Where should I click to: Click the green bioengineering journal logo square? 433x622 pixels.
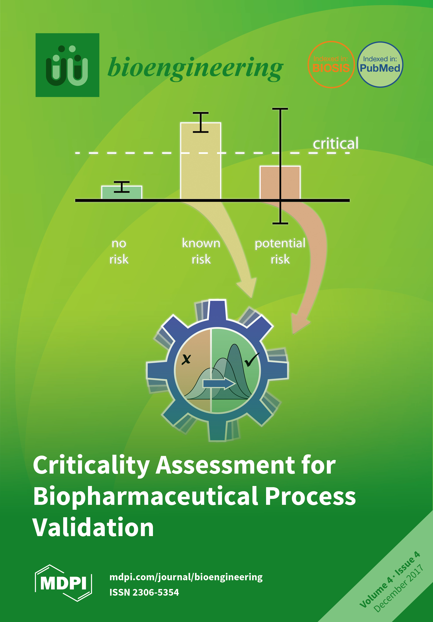pyautogui.click(x=67, y=65)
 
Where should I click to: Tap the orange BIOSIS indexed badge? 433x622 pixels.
pyautogui.click(x=331, y=64)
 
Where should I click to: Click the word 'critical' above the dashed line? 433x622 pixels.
pyautogui.click(x=336, y=144)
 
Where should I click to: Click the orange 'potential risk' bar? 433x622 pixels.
pyautogui.click(x=271, y=183)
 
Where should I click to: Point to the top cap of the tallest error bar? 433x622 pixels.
pyautogui.click(x=280, y=109)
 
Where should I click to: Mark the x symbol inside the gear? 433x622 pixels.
pyautogui.click(x=186, y=360)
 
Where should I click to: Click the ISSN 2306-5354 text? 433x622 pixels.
pyautogui.click(x=144, y=592)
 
